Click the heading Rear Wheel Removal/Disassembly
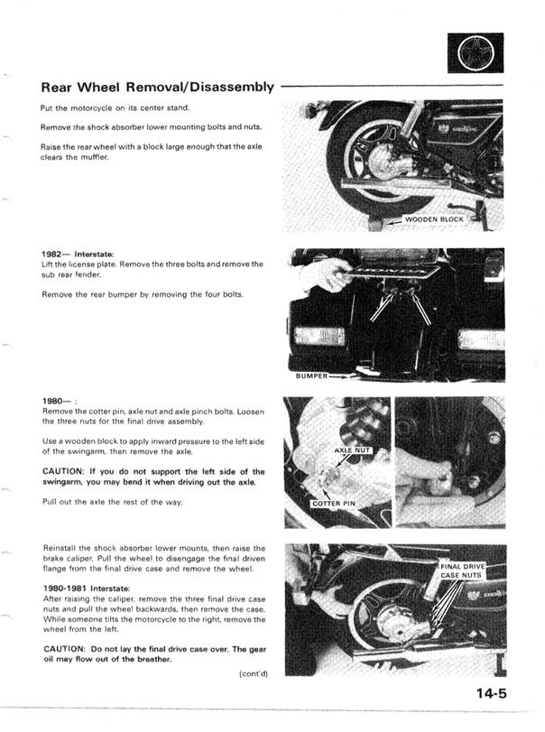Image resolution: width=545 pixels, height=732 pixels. pyautogui.click(x=157, y=88)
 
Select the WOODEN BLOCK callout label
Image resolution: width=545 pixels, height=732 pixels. pyautogui.click(x=434, y=219)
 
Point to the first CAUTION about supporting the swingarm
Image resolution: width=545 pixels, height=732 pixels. pyautogui.click(x=153, y=477)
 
